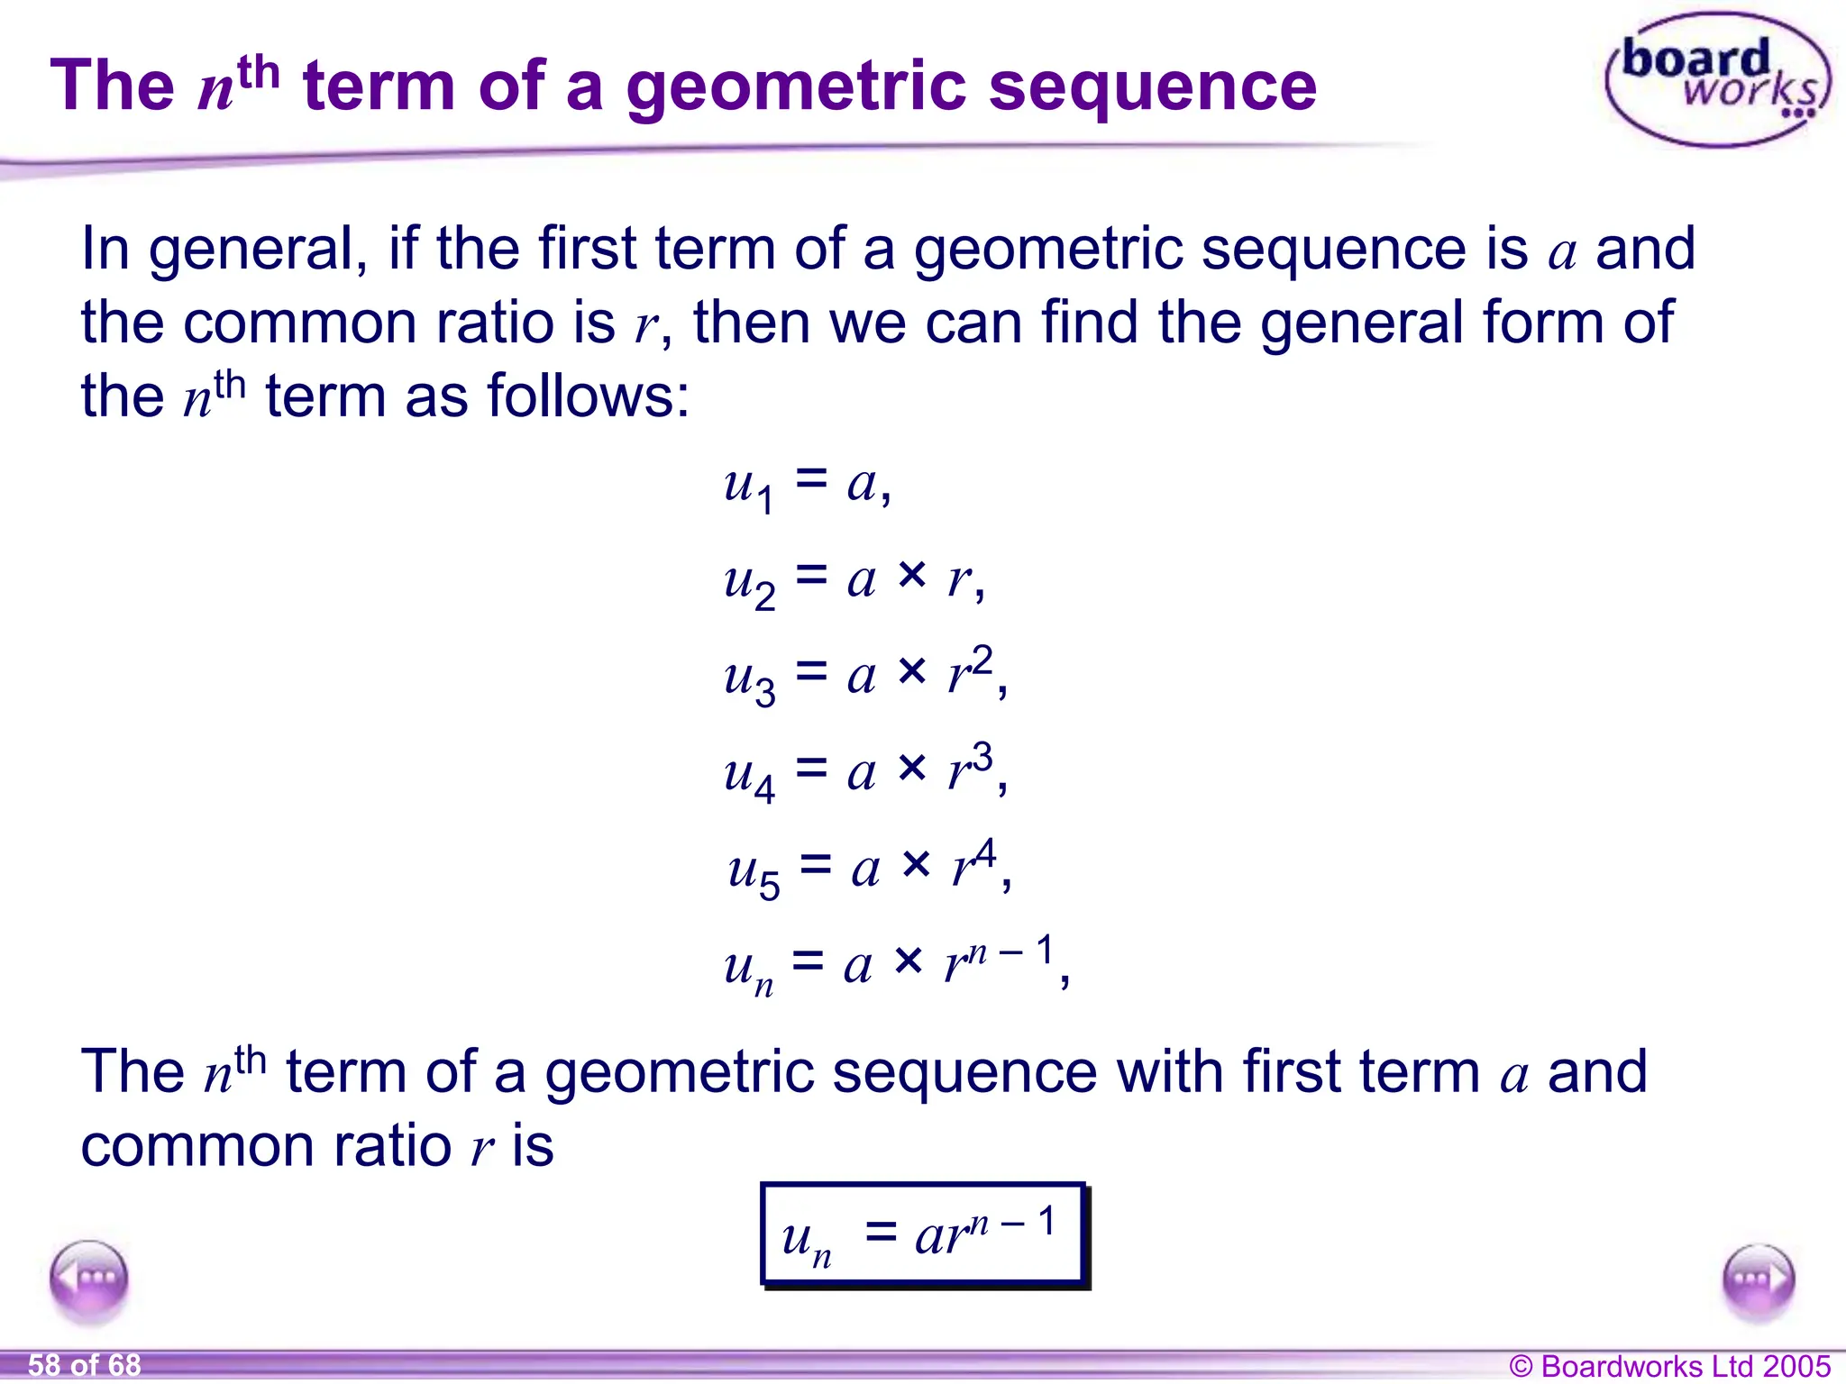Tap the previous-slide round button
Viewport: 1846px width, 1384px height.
tap(89, 1279)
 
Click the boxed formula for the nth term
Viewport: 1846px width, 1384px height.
tap(923, 1234)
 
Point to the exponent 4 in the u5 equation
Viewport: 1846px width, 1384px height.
tap(984, 852)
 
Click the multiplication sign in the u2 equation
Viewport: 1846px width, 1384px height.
tap(912, 574)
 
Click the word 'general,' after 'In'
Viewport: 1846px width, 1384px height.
tap(258, 249)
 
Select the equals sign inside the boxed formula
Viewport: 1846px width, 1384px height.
tap(881, 1232)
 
